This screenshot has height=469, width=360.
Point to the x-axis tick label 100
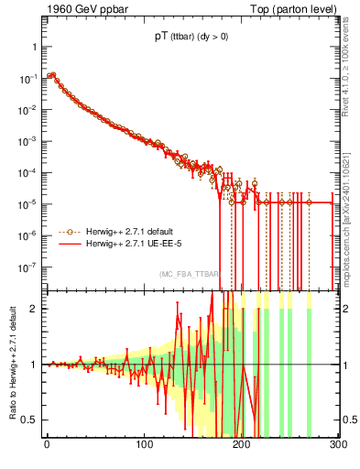tap(144, 445)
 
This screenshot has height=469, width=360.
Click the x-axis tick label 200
tap(242, 445)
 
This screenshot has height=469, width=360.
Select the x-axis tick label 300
tap(338, 445)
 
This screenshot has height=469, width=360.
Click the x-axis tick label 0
tap(47, 445)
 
